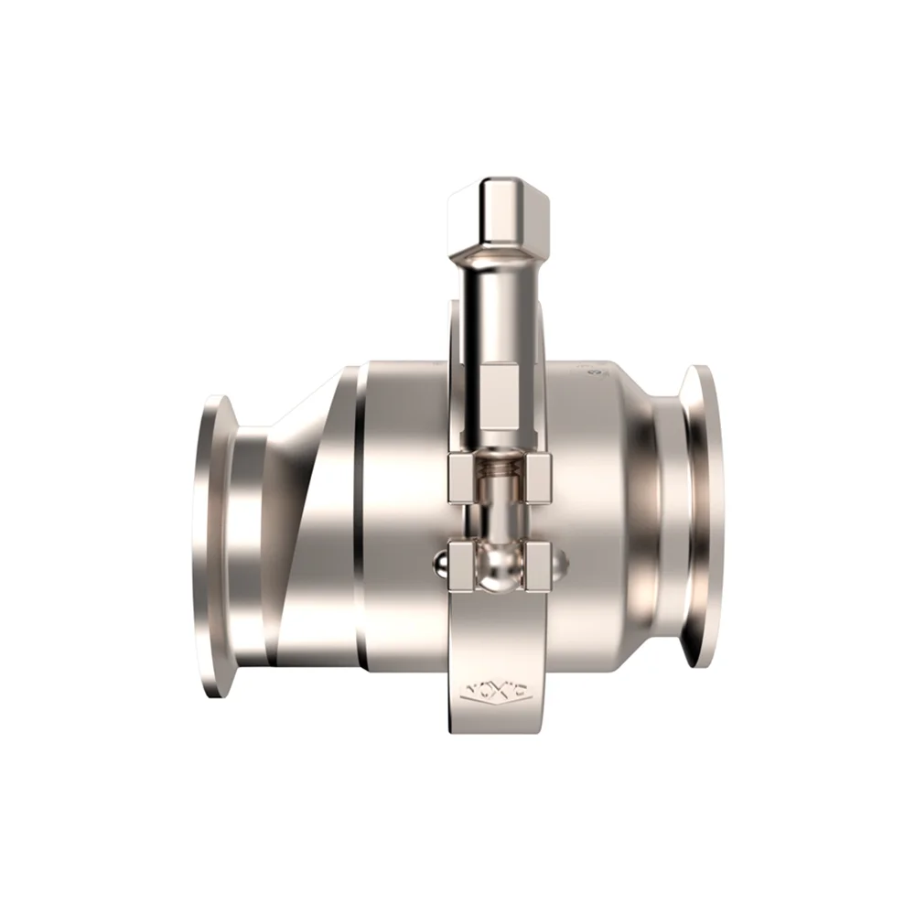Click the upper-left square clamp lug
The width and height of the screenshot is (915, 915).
coord(465,478)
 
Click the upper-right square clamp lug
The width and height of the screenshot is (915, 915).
coord(538,478)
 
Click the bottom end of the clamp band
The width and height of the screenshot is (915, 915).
coord(499,723)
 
